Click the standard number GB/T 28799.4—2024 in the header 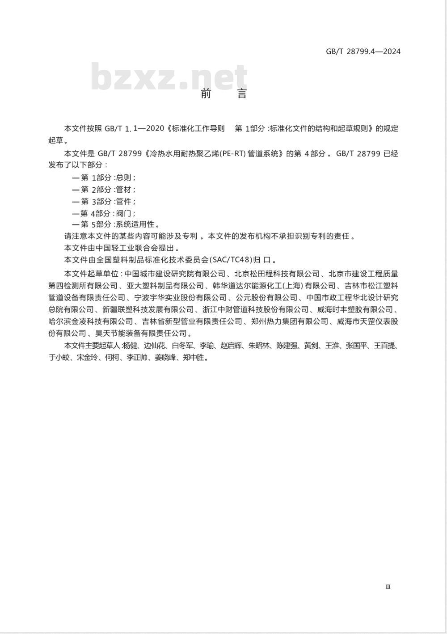363,51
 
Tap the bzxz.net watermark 169,77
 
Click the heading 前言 223,94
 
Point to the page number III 388,587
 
